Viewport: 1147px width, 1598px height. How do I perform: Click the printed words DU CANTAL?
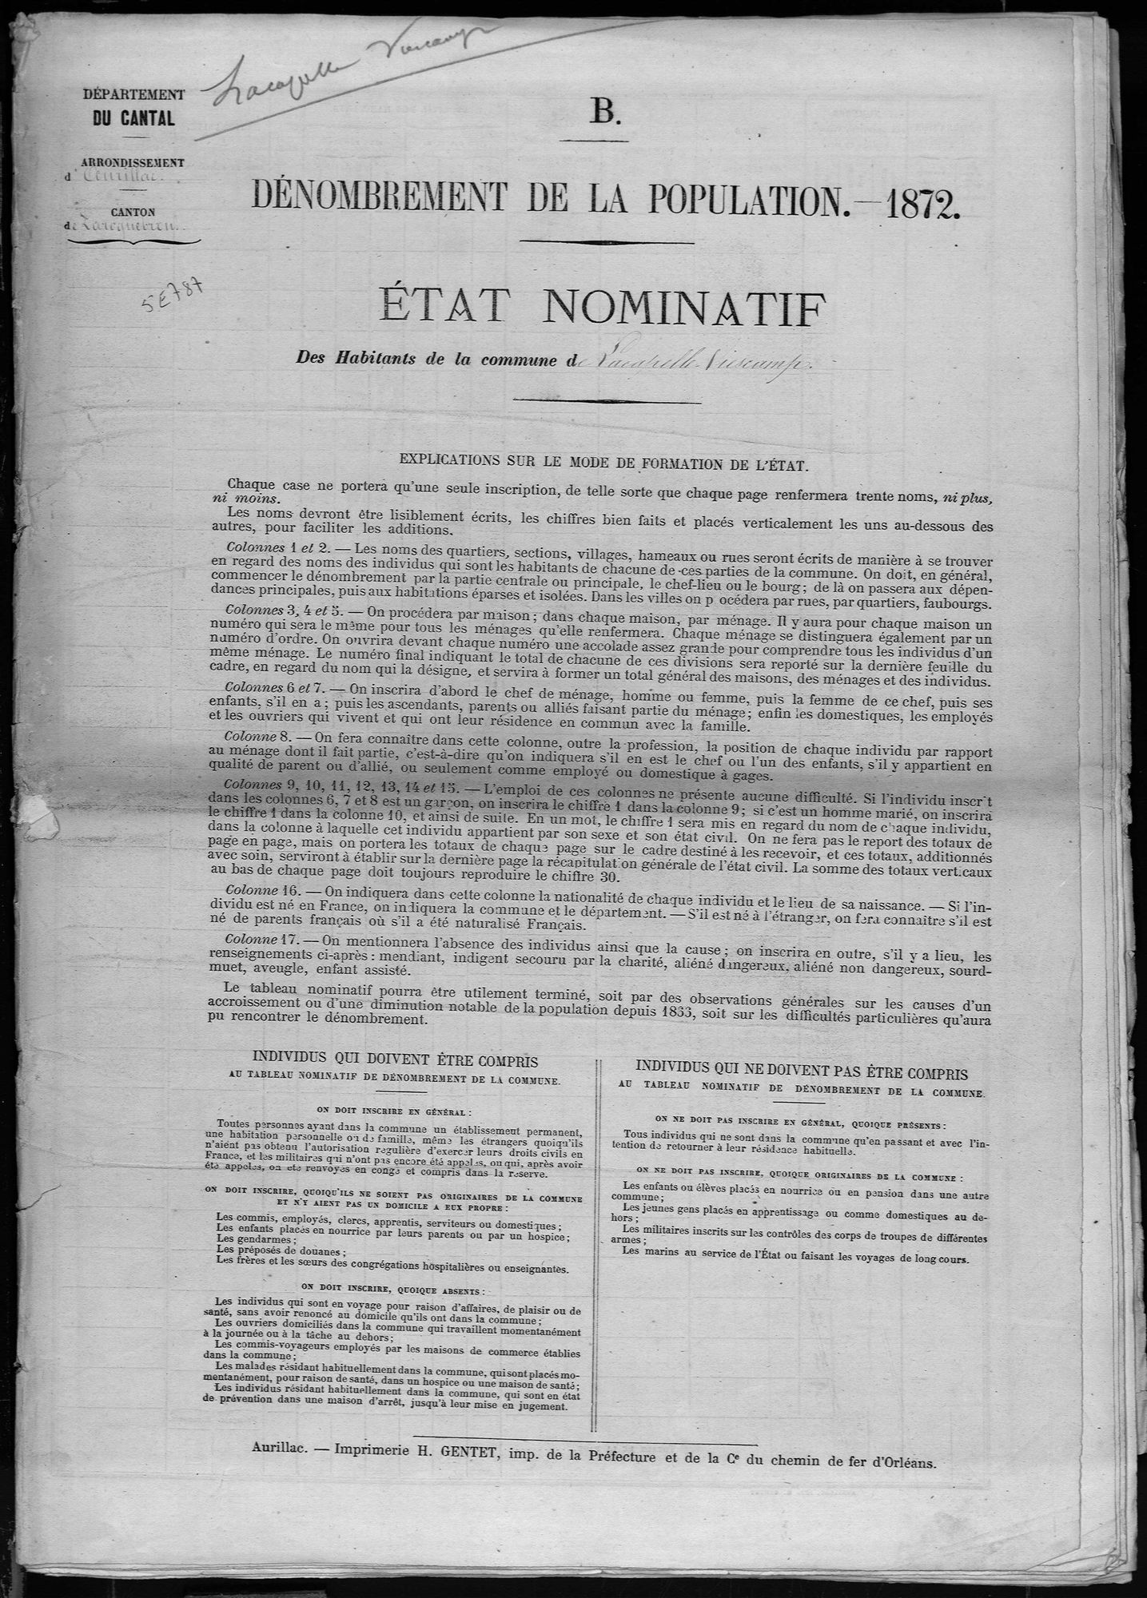pos(133,120)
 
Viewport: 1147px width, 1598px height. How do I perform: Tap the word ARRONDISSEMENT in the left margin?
pos(134,162)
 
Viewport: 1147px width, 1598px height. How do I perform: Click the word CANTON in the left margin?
pos(134,211)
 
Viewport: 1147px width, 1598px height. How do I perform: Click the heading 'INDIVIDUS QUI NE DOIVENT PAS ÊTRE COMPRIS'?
pos(802,1071)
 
